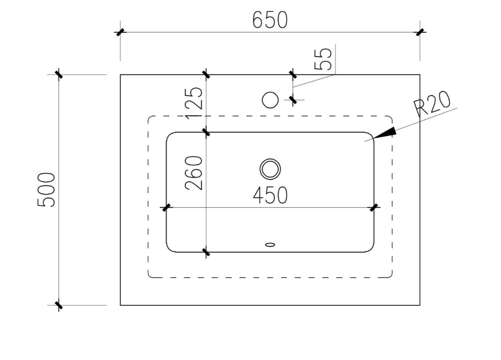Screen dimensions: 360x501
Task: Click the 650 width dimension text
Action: point(270,20)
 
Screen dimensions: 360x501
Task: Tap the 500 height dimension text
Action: point(47,189)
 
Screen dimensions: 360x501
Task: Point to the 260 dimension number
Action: point(194,173)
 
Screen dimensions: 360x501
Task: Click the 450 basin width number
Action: point(270,195)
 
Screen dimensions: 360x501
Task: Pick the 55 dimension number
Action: point(324,59)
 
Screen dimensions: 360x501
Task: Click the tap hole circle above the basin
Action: point(270,100)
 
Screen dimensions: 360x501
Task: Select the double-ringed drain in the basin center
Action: point(270,169)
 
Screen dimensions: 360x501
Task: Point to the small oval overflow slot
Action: point(270,245)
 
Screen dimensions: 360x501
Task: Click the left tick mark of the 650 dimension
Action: point(120,32)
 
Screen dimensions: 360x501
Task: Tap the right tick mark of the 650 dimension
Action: point(420,32)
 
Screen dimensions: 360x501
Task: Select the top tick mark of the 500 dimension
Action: point(59,74)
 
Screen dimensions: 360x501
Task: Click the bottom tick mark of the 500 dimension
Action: point(59,305)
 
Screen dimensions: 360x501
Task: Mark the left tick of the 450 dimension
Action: point(166,207)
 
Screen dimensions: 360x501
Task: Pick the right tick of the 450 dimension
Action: point(374,207)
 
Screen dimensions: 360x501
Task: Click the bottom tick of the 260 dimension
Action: point(206,252)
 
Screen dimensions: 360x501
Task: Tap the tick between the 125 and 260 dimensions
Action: point(206,132)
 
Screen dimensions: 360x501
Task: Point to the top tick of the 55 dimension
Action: point(293,74)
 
